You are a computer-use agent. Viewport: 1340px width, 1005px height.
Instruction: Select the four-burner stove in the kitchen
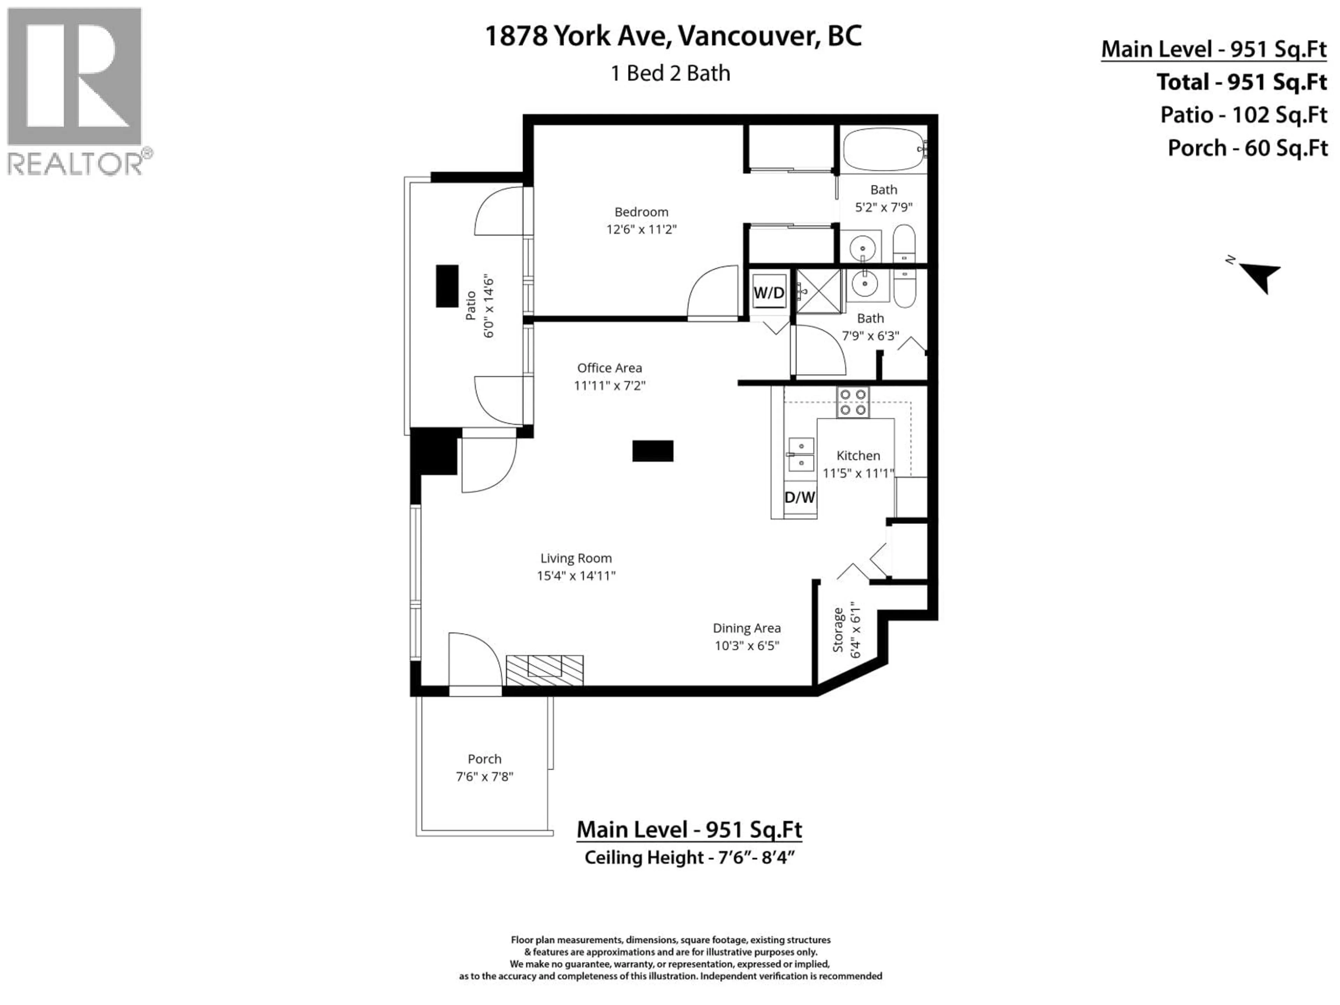[853, 402]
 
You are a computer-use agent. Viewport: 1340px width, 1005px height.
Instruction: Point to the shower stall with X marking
[818, 291]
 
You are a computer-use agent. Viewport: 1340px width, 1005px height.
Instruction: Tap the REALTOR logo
[75, 91]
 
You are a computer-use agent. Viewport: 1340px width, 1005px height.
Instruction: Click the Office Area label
[609, 368]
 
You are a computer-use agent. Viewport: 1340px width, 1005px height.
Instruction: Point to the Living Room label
[575, 558]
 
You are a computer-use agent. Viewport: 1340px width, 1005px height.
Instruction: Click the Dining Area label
[746, 628]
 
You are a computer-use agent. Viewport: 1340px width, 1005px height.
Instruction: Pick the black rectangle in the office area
[653, 451]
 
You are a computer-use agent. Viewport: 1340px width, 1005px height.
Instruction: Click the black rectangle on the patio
[447, 286]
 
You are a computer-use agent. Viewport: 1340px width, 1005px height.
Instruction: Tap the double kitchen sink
[801, 454]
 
